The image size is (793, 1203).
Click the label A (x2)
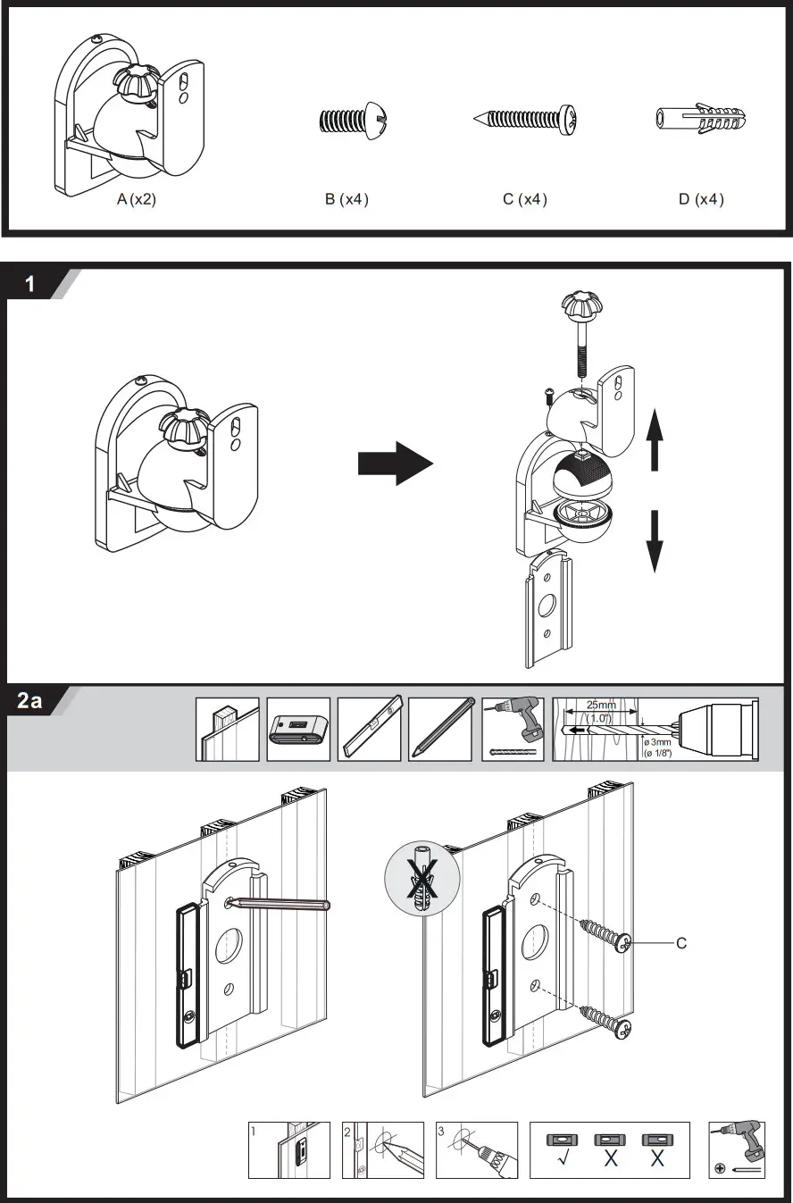click(137, 200)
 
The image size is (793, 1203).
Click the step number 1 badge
click(31, 285)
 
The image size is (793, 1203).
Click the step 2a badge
click(31, 702)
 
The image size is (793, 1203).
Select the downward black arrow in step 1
click(655, 539)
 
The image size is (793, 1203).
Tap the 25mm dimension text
click(601, 706)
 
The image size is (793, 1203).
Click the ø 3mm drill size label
click(659, 743)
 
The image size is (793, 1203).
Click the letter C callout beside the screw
click(681, 942)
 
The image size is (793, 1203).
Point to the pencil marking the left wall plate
click(280, 905)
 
